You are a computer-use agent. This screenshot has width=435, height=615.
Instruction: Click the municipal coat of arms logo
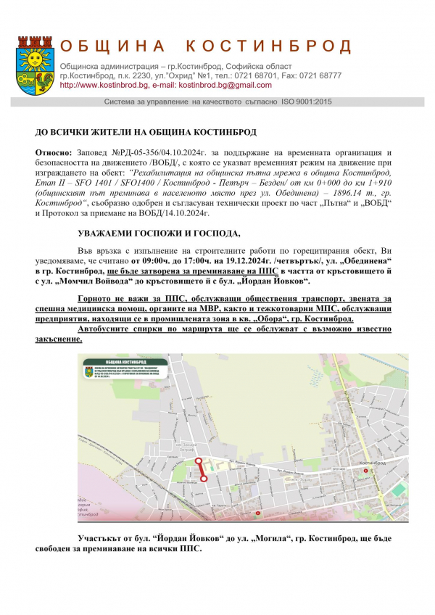[33, 62]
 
